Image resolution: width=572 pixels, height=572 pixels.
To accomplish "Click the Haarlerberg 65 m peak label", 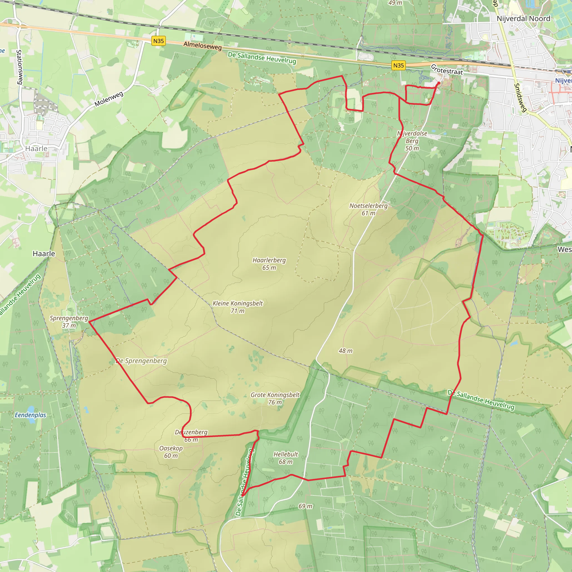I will point(269,264).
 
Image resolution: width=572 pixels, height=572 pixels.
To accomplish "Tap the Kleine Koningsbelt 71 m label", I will point(237,307).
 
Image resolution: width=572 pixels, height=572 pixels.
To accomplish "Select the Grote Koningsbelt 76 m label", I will point(275,399).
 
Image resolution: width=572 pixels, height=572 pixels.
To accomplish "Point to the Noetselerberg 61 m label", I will point(368,209).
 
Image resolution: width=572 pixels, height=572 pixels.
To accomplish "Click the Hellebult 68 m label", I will point(286,458).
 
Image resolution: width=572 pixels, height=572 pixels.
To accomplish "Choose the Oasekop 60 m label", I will point(171,452).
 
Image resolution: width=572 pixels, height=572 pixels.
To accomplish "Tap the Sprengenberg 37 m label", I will point(69,321).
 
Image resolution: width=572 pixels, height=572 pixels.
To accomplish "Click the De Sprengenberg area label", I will point(141,361).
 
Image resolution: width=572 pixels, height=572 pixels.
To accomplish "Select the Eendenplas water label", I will point(30,415).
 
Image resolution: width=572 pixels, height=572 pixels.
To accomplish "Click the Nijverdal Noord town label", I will point(523,19).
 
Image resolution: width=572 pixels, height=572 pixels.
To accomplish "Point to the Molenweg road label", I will point(109,99).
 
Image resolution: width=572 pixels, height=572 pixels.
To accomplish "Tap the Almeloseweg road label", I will point(202,46).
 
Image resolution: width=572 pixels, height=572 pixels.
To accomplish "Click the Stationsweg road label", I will point(19,67).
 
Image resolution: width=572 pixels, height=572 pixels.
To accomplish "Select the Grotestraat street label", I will point(447,70).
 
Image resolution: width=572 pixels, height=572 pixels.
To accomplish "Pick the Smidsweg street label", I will point(520,98).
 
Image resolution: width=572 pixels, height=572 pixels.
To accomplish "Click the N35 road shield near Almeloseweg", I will point(158,41).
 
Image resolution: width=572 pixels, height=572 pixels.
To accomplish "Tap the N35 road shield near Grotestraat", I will point(398,65).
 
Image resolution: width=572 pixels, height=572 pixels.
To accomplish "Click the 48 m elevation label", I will point(345,351).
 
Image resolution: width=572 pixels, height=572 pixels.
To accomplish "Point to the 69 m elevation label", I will point(305,506).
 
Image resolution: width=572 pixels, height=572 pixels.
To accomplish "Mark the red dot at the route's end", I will point(438,83).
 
